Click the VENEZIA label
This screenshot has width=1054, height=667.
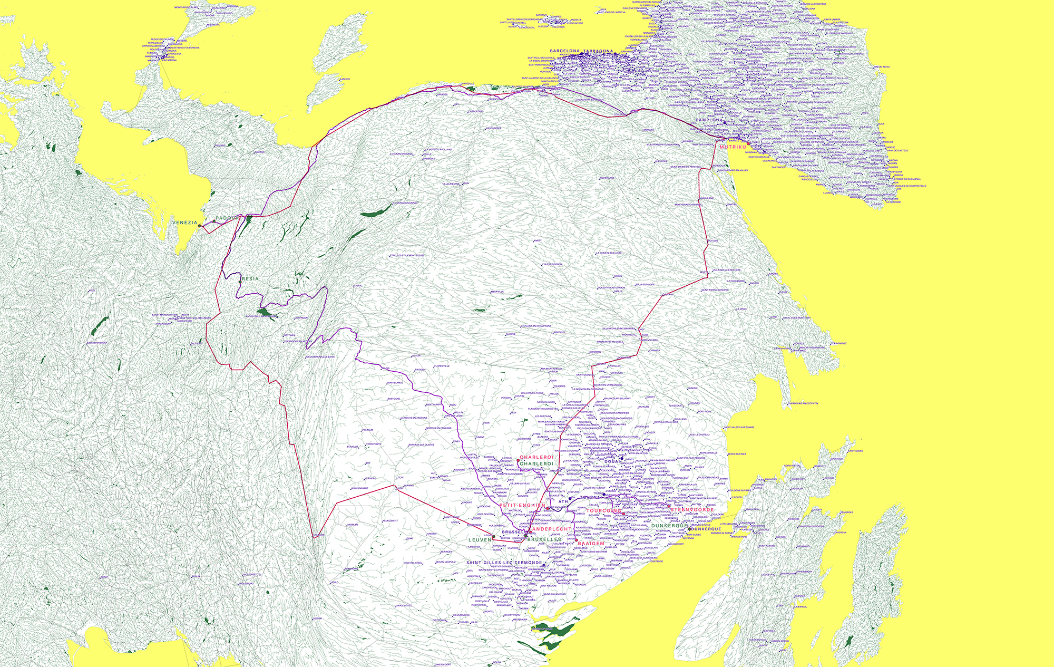184,223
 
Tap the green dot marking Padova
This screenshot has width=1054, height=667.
214,220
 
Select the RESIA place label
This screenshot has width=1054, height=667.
251,279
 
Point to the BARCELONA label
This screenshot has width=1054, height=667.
564,52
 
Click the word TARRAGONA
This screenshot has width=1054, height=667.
598,52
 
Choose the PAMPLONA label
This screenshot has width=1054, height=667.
709,120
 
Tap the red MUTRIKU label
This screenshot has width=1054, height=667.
733,147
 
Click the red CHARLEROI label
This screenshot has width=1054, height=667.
536,457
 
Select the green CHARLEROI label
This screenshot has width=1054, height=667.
536,464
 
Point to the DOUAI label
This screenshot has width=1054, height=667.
612,462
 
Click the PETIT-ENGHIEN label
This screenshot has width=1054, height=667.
522,505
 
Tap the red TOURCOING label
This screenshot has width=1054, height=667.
604,511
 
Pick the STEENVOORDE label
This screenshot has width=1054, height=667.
692,510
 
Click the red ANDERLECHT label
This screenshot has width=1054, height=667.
552,529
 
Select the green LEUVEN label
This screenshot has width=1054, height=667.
480,540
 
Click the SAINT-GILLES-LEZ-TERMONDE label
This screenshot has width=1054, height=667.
504,563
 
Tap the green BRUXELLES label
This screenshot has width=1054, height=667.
544,539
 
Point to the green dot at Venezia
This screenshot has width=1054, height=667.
200,226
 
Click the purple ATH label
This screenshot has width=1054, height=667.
563,502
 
